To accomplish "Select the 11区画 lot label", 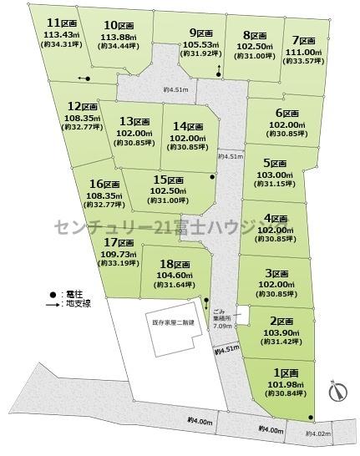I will (59, 23).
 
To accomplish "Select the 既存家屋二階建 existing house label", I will (173, 322).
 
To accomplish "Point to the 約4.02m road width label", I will (319, 433).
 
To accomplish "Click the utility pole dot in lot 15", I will (212, 177).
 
